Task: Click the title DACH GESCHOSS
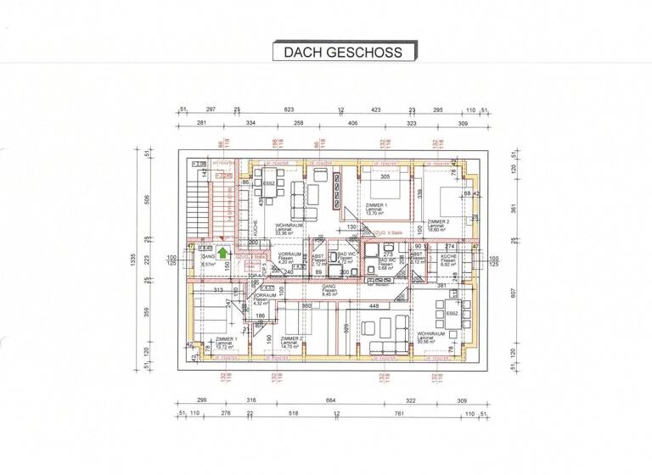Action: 343,52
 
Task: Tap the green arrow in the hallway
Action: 222,251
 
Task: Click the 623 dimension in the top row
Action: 289,110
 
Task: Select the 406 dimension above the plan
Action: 351,124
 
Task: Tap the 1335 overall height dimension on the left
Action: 132,259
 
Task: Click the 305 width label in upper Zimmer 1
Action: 384,176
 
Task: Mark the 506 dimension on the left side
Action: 146,200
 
